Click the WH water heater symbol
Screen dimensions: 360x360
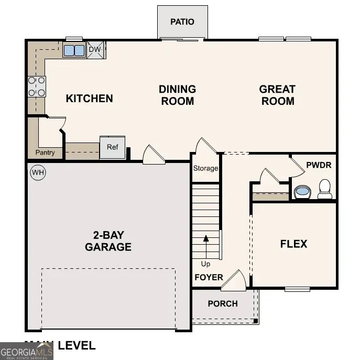[x=38, y=172]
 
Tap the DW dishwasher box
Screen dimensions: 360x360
[x=95, y=50]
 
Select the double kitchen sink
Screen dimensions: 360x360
[x=74, y=50]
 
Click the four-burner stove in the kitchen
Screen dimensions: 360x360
[x=37, y=86]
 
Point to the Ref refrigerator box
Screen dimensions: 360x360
[x=113, y=147]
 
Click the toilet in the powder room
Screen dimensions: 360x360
[x=325, y=189]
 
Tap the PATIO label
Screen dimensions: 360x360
[x=182, y=22]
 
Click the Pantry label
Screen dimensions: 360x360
[x=45, y=153]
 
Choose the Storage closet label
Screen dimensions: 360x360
[x=205, y=168]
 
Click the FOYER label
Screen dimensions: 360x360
[x=209, y=277]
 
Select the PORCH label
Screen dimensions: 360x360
[x=223, y=303]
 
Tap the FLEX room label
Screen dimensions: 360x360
[x=293, y=244]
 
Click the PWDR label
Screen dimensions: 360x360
[x=319, y=165]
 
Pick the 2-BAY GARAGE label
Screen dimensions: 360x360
[x=108, y=241]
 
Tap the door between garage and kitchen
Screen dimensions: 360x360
[x=154, y=155]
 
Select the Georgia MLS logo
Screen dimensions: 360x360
[x=26, y=351]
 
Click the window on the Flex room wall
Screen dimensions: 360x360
[x=297, y=289]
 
